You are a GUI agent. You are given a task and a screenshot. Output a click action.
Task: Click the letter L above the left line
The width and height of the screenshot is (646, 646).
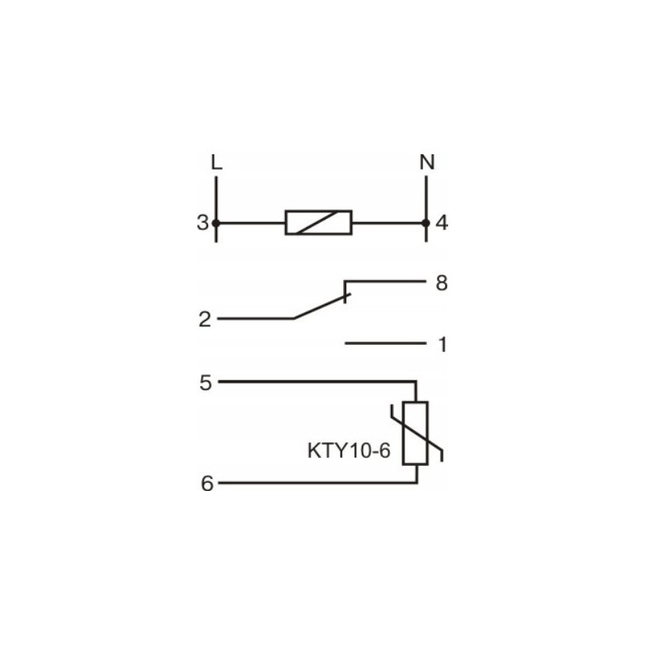coord(216,162)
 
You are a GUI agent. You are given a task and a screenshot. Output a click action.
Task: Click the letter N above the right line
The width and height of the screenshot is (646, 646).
coord(427,162)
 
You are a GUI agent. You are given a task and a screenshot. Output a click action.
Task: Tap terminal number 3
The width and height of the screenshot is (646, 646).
coord(203,223)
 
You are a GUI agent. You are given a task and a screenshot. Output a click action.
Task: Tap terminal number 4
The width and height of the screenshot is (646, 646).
coord(442,223)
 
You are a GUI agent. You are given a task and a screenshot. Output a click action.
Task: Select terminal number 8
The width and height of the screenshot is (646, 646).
coord(442,283)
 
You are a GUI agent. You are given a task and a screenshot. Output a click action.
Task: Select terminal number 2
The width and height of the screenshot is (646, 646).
coord(205,319)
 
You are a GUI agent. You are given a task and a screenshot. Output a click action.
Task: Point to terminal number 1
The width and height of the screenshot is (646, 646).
coord(443,345)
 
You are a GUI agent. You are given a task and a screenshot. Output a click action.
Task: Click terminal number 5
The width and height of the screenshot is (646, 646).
coord(206,383)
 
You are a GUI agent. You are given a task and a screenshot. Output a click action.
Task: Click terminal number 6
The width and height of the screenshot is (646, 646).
coord(207,483)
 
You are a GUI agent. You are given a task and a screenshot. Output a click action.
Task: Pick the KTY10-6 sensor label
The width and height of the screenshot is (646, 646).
coord(349,451)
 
